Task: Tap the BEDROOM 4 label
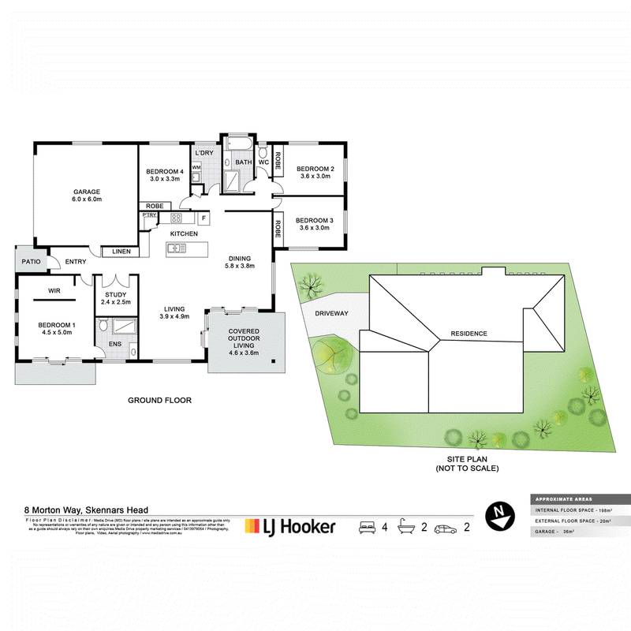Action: pyautogui.click(x=166, y=171)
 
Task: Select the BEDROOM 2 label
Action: pyautogui.click(x=315, y=169)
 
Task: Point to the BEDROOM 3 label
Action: pyautogui.click(x=315, y=220)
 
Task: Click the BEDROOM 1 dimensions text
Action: pyautogui.click(x=56, y=333)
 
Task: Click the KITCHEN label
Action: pyautogui.click(x=183, y=233)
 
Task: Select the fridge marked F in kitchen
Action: pyautogui.click(x=203, y=218)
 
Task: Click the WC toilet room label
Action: pyautogui.click(x=263, y=162)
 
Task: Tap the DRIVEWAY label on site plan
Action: pyautogui.click(x=331, y=313)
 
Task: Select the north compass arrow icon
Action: pyautogui.click(x=497, y=513)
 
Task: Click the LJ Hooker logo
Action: pyautogui.click(x=290, y=526)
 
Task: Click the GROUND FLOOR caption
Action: pyautogui.click(x=159, y=400)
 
